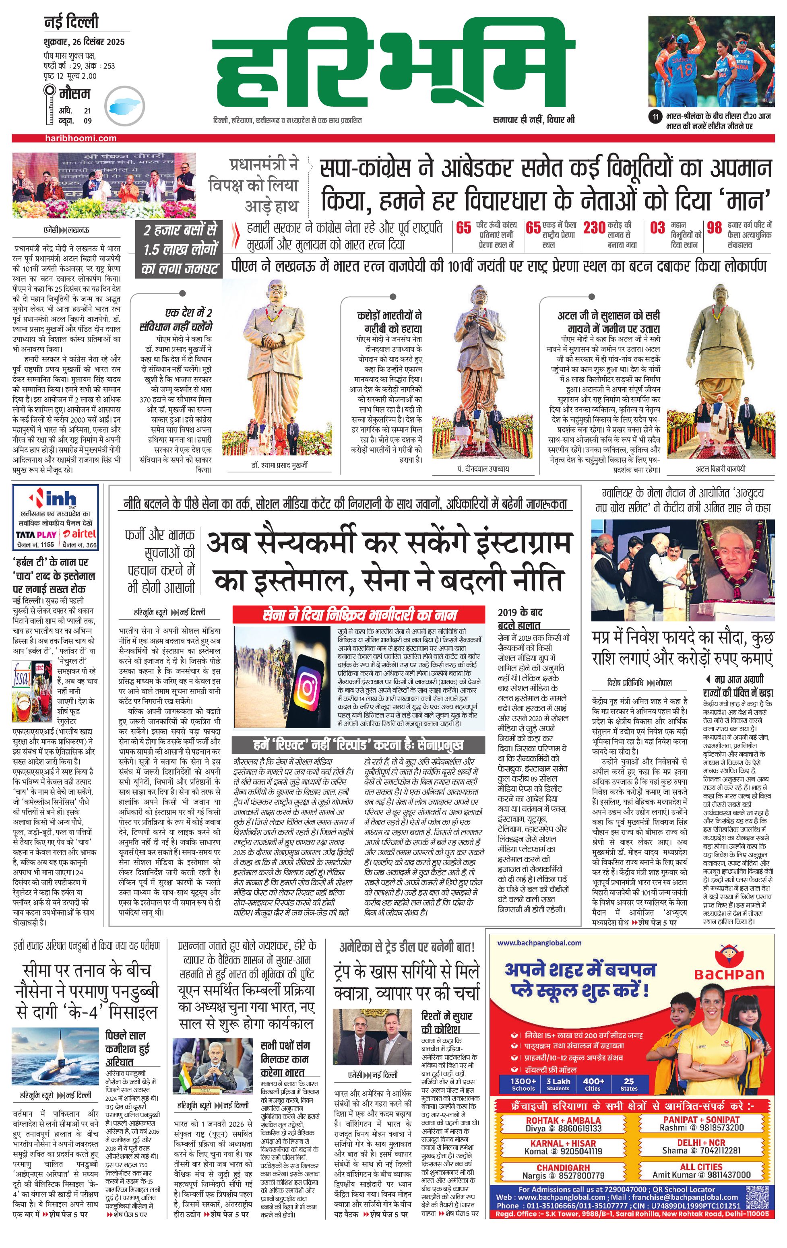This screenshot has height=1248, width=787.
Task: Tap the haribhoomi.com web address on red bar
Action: tap(81, 138)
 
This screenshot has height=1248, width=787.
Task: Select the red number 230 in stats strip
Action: tap(594, 228)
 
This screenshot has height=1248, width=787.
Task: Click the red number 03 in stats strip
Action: tap(657, 228)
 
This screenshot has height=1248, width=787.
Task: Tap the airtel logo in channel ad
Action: tap(79, 534)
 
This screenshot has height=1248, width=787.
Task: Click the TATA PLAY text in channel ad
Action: tap(36, 534)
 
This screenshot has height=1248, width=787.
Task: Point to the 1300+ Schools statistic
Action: tap(523, 1084)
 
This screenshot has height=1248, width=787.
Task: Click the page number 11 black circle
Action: tap(656, 117)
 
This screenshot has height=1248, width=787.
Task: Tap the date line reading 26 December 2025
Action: tap(84, 42)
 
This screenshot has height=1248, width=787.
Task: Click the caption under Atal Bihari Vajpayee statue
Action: tap(720, 468)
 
